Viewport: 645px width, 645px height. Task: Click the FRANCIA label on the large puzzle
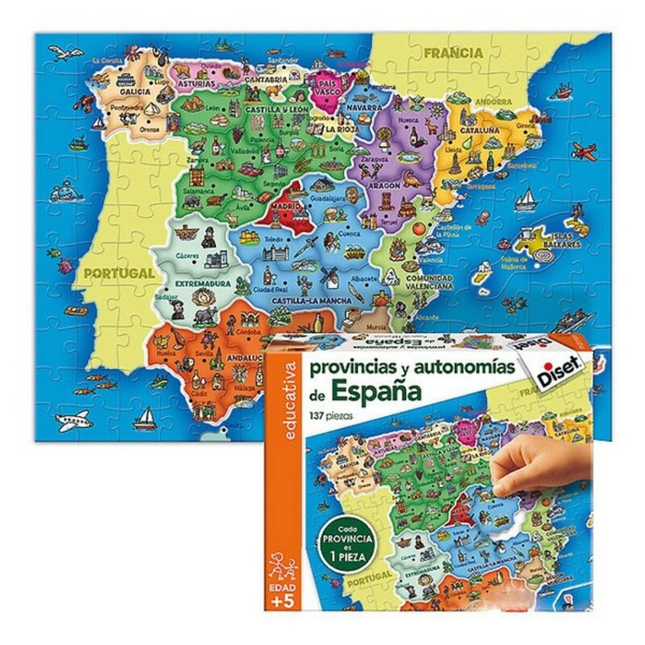click(x=453, y=53)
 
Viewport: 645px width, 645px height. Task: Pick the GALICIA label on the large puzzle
click(x=134, y=91)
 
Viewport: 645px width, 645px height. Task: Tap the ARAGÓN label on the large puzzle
click(x=384, y=185)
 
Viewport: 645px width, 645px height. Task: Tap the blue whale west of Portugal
click(x=64, y=190)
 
